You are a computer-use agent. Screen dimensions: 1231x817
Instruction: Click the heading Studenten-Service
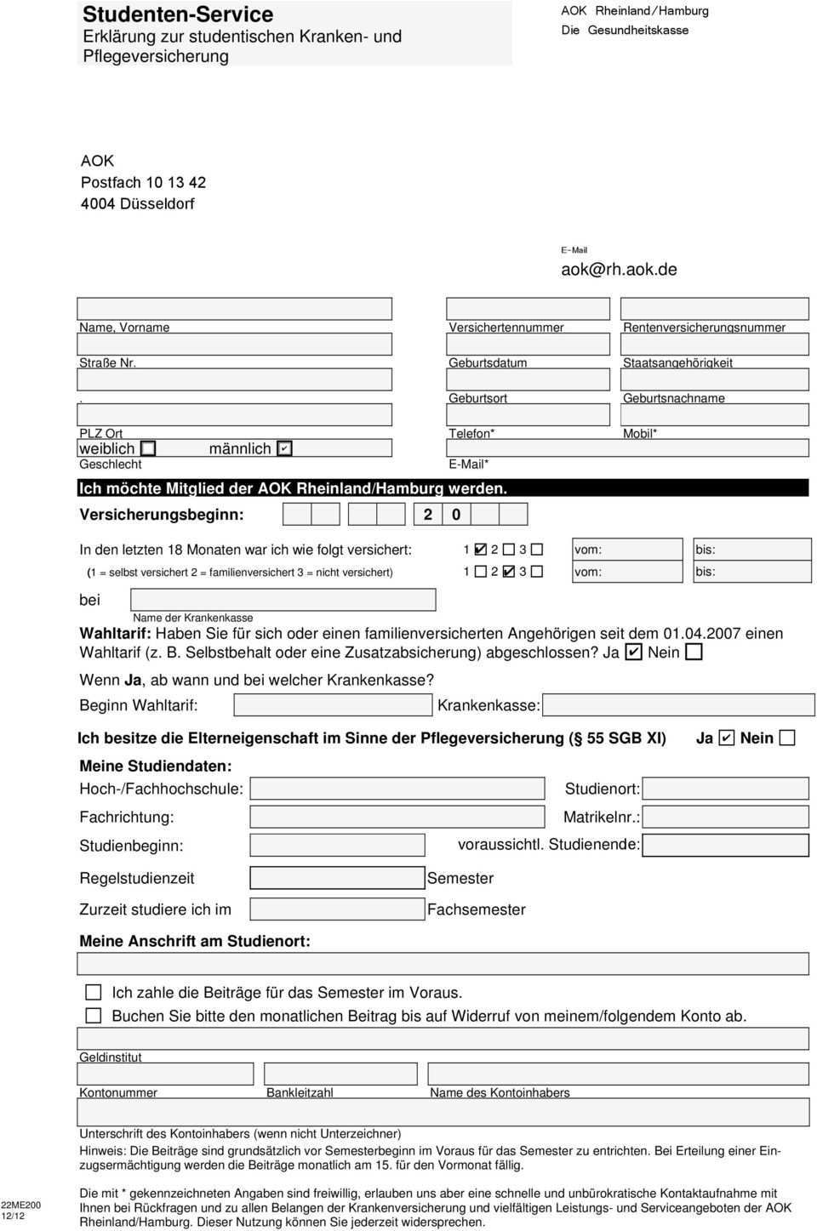pyautogui.click(x=178, y=14)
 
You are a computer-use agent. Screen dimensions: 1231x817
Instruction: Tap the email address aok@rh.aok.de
pyautogui.click(x=619, y=270)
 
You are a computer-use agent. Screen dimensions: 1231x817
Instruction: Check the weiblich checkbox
pyautogui.click(x=148, y=448)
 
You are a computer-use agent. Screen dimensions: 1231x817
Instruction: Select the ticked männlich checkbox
pyautogui.click(x=284, y=448)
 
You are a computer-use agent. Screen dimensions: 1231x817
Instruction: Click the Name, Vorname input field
pyautogui.click(x=234, y=309)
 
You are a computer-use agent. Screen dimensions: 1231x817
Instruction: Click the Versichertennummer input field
pyautogui.click(x=528, y=309)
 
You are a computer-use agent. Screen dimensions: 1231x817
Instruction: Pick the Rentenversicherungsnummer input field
pyautogui.click(x=714, y=309)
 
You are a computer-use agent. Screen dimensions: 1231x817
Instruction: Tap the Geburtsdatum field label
pyautogui.click(x=488, y=362)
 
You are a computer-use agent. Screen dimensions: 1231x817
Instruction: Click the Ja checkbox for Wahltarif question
pyautogui.click(x=633, y=653)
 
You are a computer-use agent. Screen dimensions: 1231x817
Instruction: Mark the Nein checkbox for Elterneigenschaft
pyautogui.click(x=787, y=738)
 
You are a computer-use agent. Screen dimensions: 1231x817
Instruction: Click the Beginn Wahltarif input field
pyautogui.click(x=333, y=705)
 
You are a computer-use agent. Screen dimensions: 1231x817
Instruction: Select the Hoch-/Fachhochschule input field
pyautogui.click(x=397, y=789)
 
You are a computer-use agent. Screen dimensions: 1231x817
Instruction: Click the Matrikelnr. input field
pyautogui.click(x=725, y=818)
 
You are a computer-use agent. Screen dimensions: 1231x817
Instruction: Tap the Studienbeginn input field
pyautogui.click(x=337, y=845)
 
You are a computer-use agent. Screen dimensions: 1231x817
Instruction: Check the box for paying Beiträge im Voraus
pyautogui.click(x=94, y=992)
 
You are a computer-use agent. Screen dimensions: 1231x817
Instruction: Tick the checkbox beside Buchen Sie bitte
pyautogui.click(x=94, y=1015)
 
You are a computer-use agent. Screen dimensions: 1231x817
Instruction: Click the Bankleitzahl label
pyautogui.click(x=300, y=1092)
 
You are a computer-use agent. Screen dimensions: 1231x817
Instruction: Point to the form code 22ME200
pyautogui.click(x=20, y=1205)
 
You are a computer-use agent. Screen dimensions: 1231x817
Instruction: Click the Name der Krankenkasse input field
pyautogui.click(x=283, y=600)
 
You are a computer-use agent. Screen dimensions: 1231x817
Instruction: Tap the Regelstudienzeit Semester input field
pyautogui.click(x=337, y=877)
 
